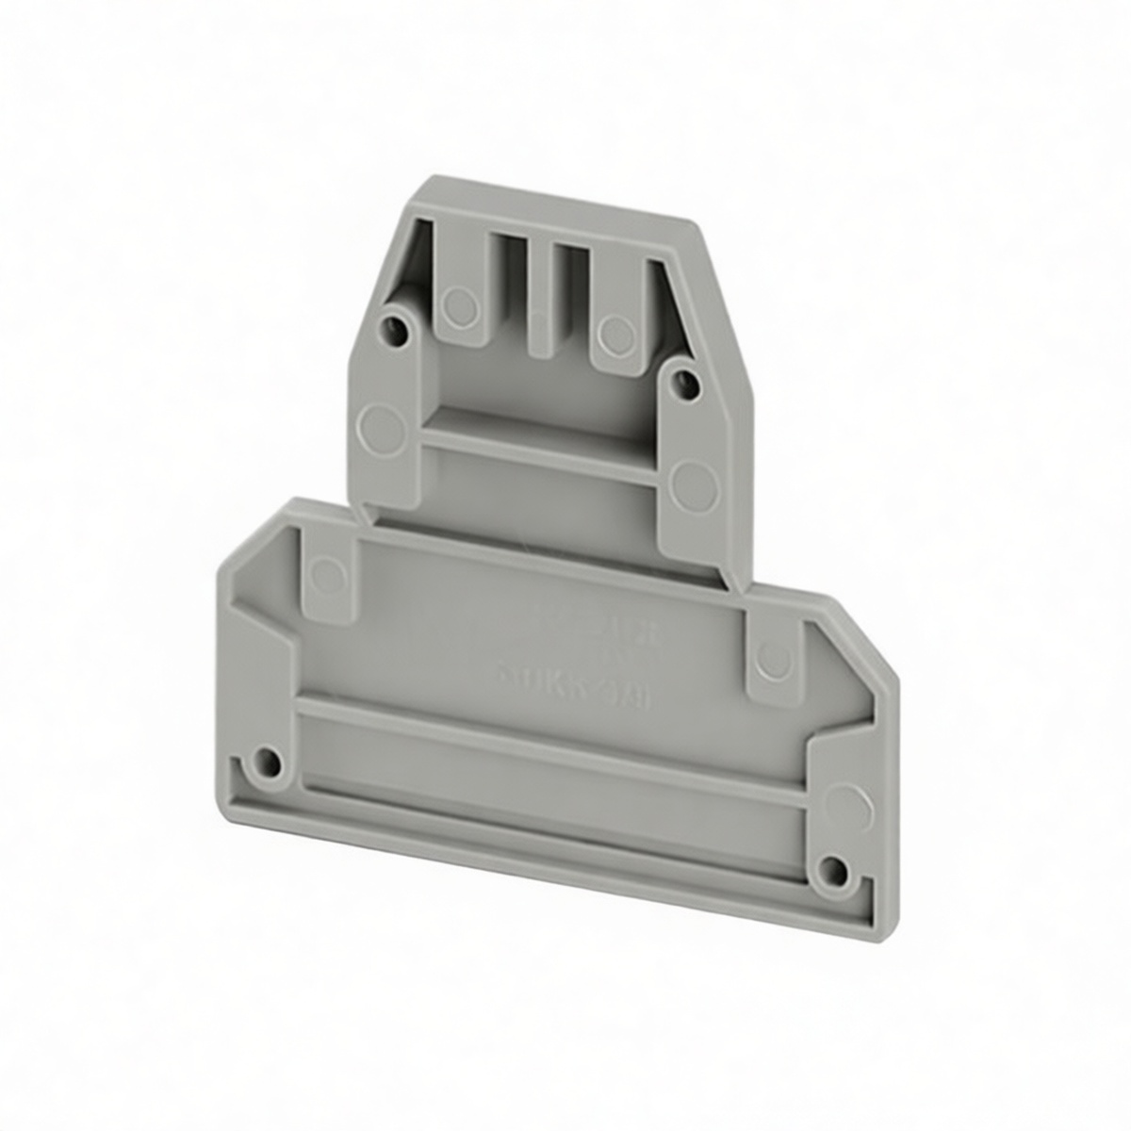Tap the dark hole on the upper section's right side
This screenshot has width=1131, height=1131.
687,381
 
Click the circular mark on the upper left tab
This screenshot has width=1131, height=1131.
458,303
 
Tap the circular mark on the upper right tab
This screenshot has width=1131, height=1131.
616,329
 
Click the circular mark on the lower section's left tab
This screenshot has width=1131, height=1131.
327,571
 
